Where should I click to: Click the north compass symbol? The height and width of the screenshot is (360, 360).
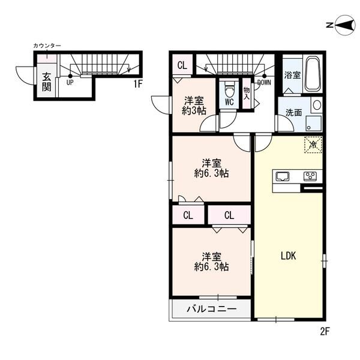342,25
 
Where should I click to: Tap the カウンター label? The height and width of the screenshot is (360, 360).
47,46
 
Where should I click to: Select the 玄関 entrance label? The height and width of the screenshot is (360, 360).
47,82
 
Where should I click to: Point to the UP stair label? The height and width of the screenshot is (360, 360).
70,83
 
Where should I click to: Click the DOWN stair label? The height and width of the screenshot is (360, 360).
264,83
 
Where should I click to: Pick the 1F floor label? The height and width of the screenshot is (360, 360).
137,84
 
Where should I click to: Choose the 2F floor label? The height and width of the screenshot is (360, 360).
325,331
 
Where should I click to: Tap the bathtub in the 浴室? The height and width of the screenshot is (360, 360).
313,74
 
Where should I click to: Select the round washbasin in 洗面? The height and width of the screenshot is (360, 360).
317,104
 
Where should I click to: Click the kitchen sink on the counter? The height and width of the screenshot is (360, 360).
282,176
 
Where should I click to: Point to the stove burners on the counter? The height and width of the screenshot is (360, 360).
310,176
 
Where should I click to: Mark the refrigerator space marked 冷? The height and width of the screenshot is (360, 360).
313,145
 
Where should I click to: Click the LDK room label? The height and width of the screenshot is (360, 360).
289,256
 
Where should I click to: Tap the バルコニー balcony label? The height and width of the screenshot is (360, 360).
211,309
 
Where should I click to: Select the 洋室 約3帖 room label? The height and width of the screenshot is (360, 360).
194,106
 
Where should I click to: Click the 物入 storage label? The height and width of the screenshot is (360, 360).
247,93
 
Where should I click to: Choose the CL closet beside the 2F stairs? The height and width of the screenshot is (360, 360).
182,65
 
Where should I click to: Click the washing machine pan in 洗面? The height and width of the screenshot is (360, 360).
313,124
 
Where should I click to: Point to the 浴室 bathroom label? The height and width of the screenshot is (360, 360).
293,75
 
